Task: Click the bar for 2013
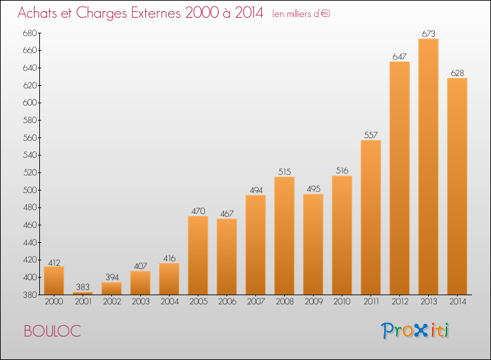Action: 428,166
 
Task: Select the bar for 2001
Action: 82,293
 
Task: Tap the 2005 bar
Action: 198,255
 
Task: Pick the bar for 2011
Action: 371,217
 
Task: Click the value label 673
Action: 428,33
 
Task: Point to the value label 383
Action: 82,287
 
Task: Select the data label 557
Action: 371,135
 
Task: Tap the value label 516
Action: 342,171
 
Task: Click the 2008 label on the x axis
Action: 285,302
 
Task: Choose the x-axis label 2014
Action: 458,302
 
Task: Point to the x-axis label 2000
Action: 54,302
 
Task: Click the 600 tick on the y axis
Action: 29,103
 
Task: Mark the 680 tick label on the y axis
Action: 29,33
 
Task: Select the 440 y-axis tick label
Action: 29,242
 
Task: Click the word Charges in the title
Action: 101,14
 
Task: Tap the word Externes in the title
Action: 156,12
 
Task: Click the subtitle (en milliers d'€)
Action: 301,14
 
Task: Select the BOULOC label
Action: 52,331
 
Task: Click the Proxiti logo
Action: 415,331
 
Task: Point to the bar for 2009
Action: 313,244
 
